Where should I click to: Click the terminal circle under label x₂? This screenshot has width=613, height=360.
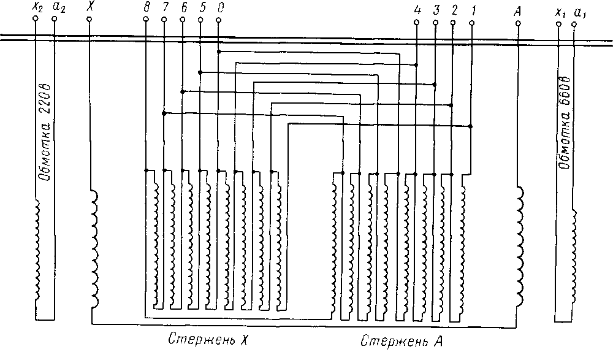36,20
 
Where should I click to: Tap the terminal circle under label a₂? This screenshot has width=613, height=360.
55,20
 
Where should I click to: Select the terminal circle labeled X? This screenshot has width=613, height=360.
89,20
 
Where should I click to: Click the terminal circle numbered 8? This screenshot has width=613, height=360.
146,20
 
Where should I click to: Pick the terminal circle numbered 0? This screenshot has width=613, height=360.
219,20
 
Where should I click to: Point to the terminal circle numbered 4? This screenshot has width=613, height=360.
416,23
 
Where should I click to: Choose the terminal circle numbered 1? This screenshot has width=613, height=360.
471,23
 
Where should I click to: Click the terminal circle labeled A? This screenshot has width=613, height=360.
519,23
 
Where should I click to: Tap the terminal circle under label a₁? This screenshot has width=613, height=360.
574,24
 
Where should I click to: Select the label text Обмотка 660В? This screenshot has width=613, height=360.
565,123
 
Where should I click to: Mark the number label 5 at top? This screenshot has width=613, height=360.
201,7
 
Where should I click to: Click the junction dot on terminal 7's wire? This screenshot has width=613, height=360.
164,113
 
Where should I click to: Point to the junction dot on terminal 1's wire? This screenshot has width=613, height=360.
470,126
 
